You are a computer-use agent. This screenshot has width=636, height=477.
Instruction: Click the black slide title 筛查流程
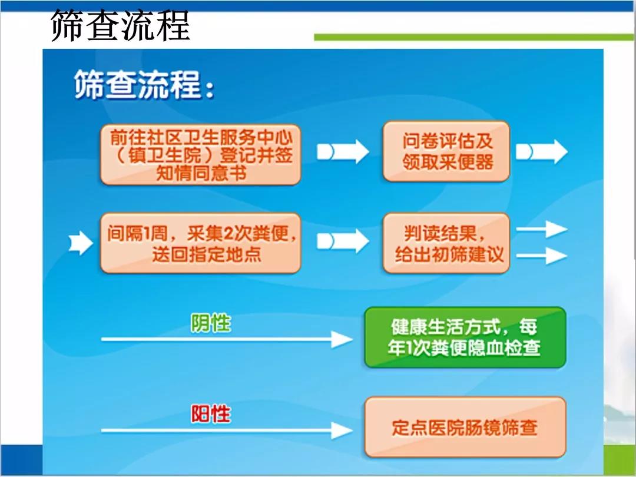pyautogui.click(x=121, y=25)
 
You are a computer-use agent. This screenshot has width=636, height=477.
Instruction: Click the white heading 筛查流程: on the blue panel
pyautogui.click(x=144, y=85)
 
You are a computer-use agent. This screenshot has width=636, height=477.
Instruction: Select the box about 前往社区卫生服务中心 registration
pyautogui.click(x=200, y=155)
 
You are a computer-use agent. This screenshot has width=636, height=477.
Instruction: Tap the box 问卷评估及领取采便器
pyautogui.click(x=446, y=151)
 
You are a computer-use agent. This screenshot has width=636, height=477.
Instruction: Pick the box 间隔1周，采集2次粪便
pyautogui.click(x=200, y=243)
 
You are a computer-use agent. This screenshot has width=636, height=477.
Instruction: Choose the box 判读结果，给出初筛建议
pyautogui.click(x=446, y=243)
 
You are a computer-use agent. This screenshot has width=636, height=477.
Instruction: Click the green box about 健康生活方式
pyautogui.click(x=465, y=337)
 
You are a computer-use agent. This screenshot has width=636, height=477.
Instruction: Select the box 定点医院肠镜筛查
pyautogui.click(x=465, y=427)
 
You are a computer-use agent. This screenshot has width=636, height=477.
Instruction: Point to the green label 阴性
pyautogui.click(x=210, y=323)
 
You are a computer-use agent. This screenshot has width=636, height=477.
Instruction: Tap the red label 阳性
pyautogui.click(x=210, y=414)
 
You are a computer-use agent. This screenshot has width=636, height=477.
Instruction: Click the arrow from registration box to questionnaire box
pyautogui.click(x=343, y=152)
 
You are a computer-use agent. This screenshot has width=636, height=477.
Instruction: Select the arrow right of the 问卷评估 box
pyautogui.click(x=542, y=152)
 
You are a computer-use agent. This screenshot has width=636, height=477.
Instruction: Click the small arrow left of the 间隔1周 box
pyautogui.click(x=81, y=243)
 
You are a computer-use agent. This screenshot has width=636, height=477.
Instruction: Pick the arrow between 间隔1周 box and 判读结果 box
pyautogui.click(x=343, y=241)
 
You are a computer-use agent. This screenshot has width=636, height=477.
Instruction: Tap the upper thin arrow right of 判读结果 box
pyautogui.click(x=542, y=229)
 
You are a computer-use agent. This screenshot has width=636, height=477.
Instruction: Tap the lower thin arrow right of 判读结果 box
pyautogui.click(x=542, y=256)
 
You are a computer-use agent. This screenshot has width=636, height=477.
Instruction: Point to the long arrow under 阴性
pyautogui.click(x=227, y=339)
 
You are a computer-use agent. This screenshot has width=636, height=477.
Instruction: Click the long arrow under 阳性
pyautogui.click(x=227, y=430)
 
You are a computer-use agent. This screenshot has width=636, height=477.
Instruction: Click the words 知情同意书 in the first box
pyautogui.click(x=201, y=173)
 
